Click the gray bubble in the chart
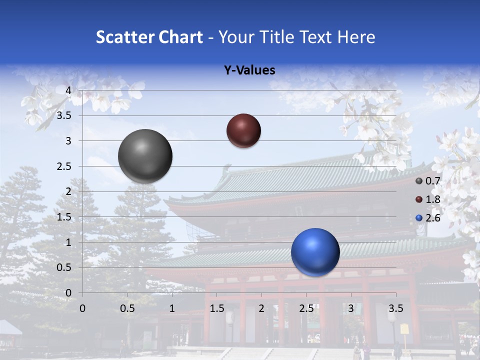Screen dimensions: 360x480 pos(145,156)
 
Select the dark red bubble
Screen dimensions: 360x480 pos(243,130)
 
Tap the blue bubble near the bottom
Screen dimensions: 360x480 pos(315,252)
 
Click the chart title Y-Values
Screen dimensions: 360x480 pos(249,70)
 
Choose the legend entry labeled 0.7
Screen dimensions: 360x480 pos(428,181)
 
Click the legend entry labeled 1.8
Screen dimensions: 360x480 pos(428,199)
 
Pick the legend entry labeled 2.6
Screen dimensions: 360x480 pos(428,217)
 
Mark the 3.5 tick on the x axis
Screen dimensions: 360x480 pos(396,308)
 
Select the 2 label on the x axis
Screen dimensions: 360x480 pos(261,308)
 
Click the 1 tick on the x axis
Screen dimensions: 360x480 pos(172,308)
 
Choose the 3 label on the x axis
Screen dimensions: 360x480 pos(351,308)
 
